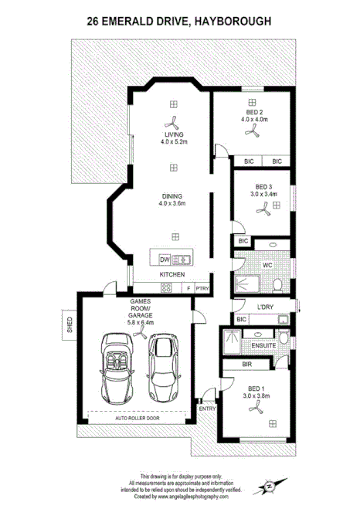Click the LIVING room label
point(173,134)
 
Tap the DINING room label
point(173,195)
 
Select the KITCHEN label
point(172,274)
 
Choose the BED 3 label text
point(264,186)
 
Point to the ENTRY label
point(206,408)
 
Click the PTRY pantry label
point(202,288)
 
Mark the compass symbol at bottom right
point(269,487)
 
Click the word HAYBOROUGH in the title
point(233,24)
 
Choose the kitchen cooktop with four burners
point(144,289)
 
